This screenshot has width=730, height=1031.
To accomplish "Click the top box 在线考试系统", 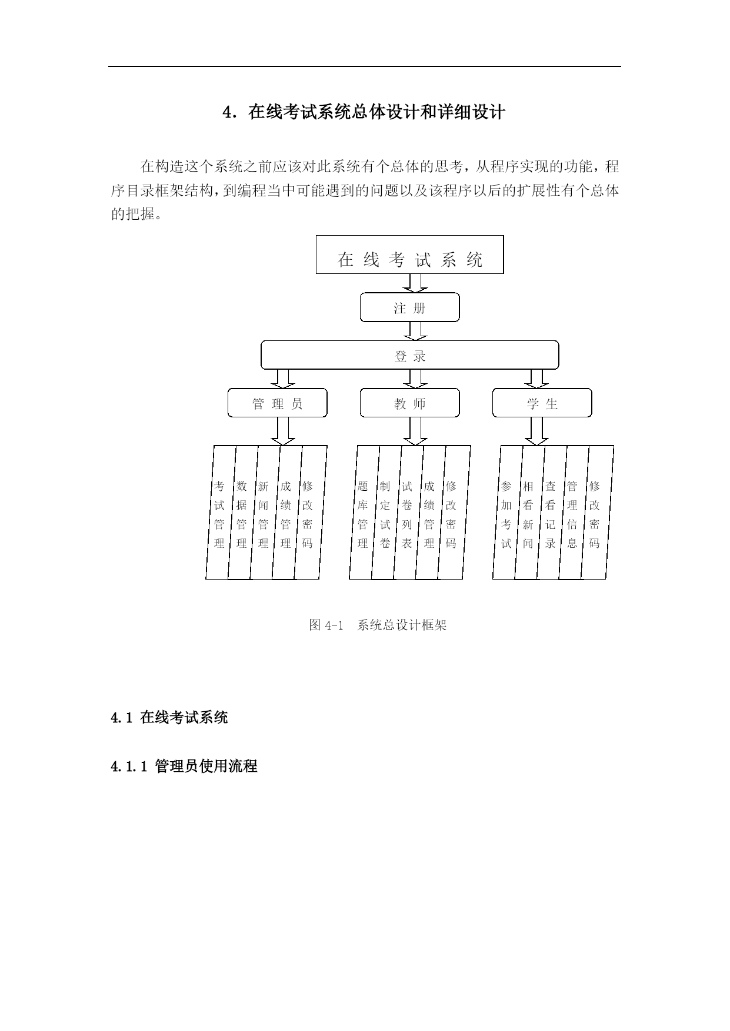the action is coord(409,255).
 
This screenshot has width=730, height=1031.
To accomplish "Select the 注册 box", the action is coord(409,307).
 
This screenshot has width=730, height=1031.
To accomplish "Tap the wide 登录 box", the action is coord(409,355).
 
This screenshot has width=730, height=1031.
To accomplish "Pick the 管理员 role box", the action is coord(277,403).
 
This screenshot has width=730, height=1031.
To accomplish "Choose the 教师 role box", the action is coord(409,403).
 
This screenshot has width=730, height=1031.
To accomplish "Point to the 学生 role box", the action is coord(542,403).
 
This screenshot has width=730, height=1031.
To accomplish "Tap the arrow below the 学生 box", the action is coord(536,431).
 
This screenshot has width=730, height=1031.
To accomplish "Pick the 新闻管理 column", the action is coord(264,513).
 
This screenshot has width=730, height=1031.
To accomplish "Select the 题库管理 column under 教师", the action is coord(364,513).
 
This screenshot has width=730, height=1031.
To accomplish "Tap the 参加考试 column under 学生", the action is coord(507,513).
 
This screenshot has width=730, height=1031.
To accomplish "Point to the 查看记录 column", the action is coord(551,513).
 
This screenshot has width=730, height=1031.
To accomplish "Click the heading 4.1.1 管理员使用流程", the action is coord(184,766).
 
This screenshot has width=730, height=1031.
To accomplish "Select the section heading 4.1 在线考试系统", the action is coord(169,717).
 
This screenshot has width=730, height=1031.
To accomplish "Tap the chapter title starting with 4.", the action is coord(364,112).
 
